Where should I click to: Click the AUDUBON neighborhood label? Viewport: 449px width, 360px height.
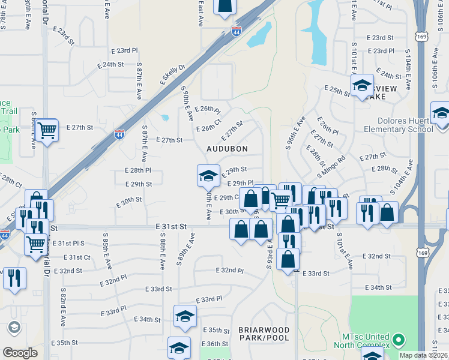(x=227, y=148)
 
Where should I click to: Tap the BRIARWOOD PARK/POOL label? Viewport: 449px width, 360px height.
(x=264, y=334)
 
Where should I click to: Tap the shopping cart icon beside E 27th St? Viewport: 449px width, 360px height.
(x=46, y=130)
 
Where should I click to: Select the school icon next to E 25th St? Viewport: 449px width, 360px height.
(x=363, y=85)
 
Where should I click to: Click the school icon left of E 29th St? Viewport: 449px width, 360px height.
(x=208, y=175)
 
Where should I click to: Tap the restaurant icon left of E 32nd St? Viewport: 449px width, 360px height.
(x=14, y=278)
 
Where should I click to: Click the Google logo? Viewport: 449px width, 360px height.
(x=20, y=352)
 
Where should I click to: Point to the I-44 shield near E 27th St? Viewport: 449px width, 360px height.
(x=119, y=134)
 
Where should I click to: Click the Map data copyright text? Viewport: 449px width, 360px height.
(x=424, y=355)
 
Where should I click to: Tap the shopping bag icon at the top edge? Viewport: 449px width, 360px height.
(x=224, y=5)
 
